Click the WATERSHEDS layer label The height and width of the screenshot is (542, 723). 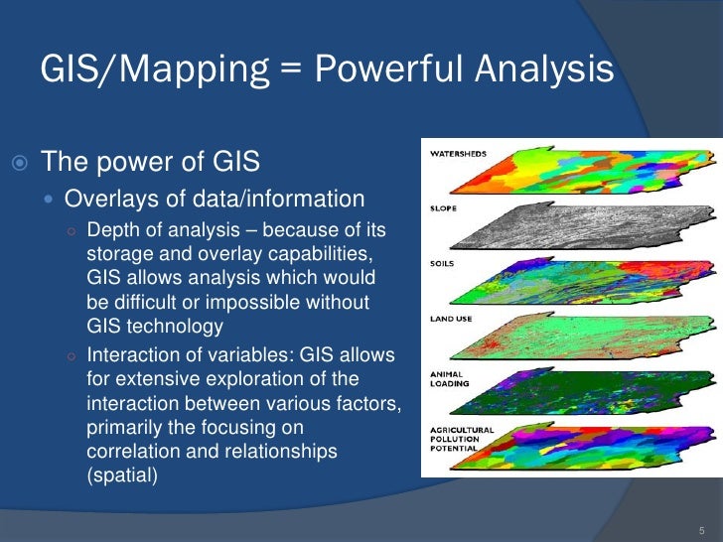[457, 154]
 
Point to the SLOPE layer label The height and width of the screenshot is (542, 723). [443, 209]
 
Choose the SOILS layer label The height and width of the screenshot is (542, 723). [443, 263]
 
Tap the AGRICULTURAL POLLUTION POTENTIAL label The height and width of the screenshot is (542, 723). [460, 437]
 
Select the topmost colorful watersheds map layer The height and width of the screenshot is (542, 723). [586, 171]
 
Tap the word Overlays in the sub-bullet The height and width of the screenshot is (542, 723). [104, 197]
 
